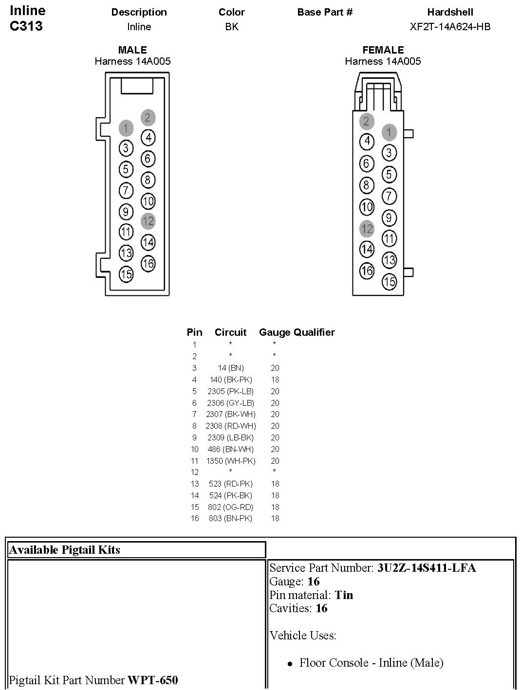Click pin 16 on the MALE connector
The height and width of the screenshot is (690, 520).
coord(148,263)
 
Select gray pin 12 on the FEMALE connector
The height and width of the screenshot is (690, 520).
coord(367,229)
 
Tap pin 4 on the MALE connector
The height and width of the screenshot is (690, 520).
coord(148,138)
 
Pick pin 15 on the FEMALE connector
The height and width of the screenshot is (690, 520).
coord(389,281)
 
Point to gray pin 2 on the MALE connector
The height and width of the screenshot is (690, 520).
coord(148,117)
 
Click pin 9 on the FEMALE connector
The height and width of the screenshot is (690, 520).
coord(389,218)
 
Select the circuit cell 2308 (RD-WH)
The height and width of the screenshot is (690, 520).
coord(231,426)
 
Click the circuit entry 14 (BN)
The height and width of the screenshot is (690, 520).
coord(231,368)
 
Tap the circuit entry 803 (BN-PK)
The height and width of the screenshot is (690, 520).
coord(230,518)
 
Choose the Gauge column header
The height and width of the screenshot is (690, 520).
coord(272,332)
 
